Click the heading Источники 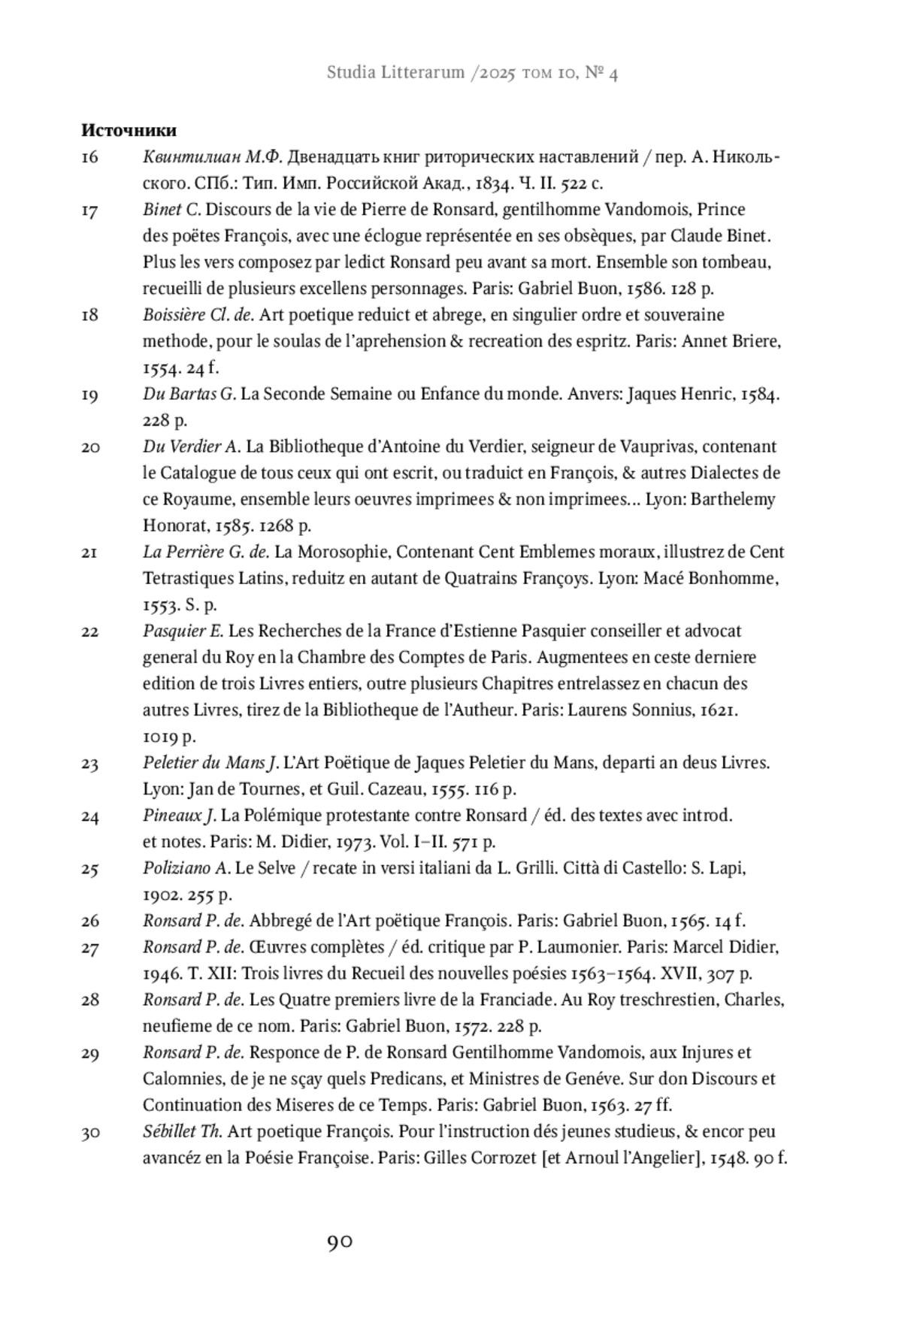(x=129, y=130)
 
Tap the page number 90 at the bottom (x=340, y=1242)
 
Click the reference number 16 (x=89, y=157)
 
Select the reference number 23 (x=89, y=764)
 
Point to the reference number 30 (x=90, y=1132)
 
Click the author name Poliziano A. (x=186, y=868)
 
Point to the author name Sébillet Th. (x=182, y=1132)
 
